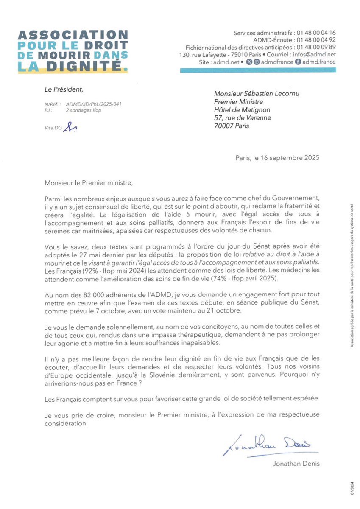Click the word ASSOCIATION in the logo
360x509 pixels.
73,35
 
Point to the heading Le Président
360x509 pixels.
64,89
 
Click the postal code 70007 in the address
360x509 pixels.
225,126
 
